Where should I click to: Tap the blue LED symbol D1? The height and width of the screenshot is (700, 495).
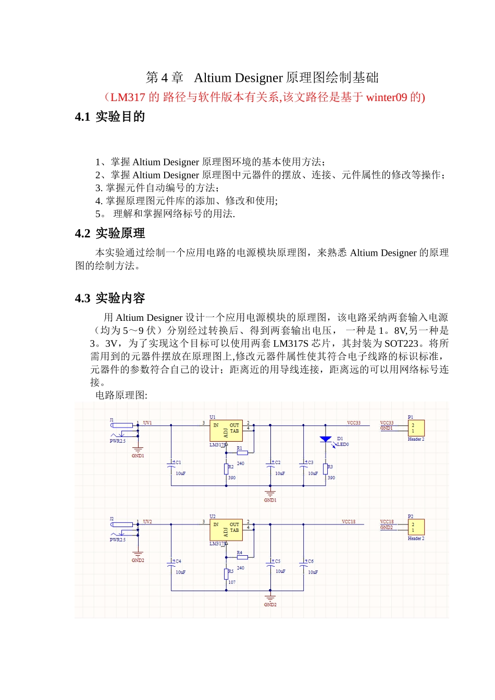coord(326,440)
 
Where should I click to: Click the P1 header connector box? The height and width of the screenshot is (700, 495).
coord(416,428)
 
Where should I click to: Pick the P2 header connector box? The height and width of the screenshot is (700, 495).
coord(416,527)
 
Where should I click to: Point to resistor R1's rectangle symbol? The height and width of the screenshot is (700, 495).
coord(242,453)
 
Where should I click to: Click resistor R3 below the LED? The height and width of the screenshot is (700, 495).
coord(325,469)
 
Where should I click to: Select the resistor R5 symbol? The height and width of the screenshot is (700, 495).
coord(226,573)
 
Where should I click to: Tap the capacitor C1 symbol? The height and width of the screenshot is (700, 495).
coord(171,464)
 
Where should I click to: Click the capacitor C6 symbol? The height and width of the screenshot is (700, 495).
coord(304,563)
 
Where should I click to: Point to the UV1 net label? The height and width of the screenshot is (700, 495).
coord(147,423)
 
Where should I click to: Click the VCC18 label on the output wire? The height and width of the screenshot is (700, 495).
coord(349,521)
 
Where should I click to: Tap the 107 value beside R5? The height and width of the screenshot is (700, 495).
coord(232,582)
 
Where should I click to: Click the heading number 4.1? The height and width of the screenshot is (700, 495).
coord(82,117)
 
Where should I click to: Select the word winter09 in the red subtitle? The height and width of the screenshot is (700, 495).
coord(386,97)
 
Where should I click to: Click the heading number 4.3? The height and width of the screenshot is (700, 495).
coord(82,298)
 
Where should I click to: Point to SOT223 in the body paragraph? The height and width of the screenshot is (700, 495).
coord(401,344)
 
